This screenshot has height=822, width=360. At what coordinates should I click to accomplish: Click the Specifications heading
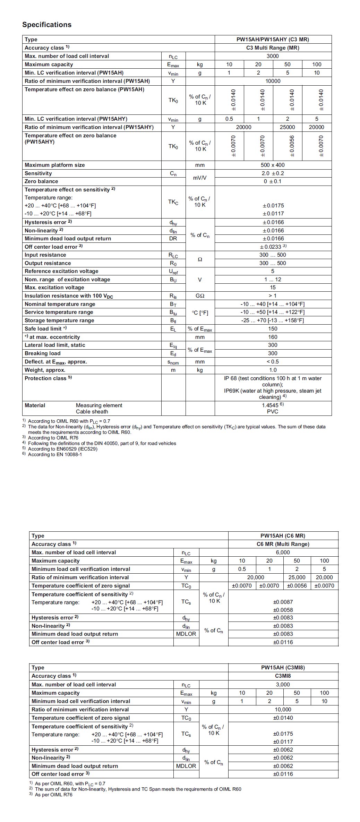point(47,25)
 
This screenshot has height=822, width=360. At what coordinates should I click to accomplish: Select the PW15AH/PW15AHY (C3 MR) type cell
point(273,40)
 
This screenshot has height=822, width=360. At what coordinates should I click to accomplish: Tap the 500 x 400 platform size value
point(273,165)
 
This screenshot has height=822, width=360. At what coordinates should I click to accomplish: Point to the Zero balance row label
point(41,181)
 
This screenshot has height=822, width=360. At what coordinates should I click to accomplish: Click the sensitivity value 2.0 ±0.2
point(273,173)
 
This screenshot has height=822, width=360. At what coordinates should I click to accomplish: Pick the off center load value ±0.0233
point(273,247)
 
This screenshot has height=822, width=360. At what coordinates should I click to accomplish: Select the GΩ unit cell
point(200,296)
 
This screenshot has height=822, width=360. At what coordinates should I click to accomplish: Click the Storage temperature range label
point(59,320)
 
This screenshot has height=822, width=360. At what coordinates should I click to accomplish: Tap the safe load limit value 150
point(273,329)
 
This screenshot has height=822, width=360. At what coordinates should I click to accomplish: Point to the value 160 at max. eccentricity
point(273,337)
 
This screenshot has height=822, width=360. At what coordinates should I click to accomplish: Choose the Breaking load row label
point(42,353)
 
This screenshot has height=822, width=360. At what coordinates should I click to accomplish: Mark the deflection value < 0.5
point(273,362)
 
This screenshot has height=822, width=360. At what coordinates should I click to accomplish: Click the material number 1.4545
point(271,405)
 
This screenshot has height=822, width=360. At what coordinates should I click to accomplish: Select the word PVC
point(273,412)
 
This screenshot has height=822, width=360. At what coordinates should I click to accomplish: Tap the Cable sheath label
point(92,412)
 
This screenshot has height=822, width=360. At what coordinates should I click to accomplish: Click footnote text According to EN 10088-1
point(55,454)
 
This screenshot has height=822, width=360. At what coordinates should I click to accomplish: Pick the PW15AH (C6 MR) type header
point(283,536)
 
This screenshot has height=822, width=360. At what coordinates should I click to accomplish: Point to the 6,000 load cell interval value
point(283,553)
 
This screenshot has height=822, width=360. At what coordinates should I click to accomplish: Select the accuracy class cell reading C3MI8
point(283,676)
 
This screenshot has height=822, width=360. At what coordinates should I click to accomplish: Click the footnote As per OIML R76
point(53,795)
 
